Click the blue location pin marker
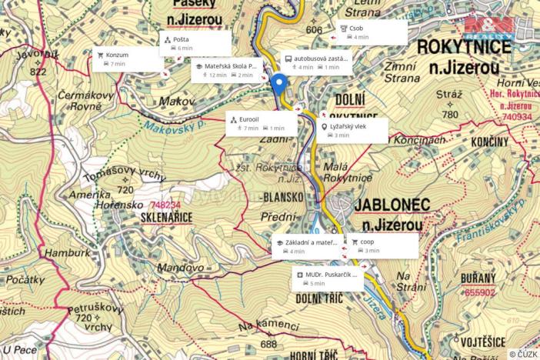click(x=278, y=84)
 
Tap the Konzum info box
click(x=127, y=60)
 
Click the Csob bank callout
click(x=372, y=32)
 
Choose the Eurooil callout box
click(x=262, y=124)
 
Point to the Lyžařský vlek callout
click(x=353, y=131)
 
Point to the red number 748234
click(x=167, y=205)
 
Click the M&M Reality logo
click(x=489, y=28)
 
